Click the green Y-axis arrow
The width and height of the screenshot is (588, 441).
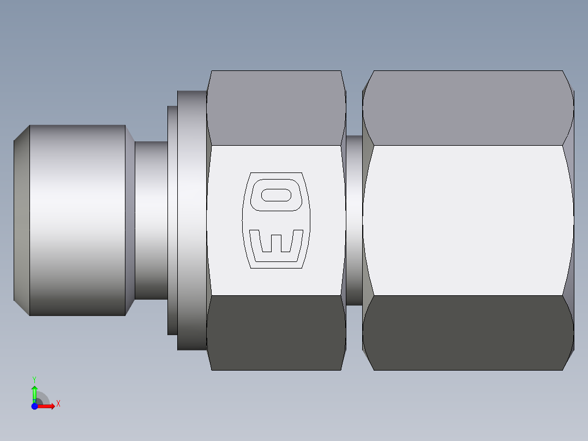34,392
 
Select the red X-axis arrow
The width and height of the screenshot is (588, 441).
47,406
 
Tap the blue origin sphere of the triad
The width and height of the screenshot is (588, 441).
34,406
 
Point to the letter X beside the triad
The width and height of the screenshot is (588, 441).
58,404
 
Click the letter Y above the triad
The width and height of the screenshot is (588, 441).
34,379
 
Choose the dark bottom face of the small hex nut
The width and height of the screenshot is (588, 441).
276,332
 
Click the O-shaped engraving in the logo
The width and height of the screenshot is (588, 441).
277,195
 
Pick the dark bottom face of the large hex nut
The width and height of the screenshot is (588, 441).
468,332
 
